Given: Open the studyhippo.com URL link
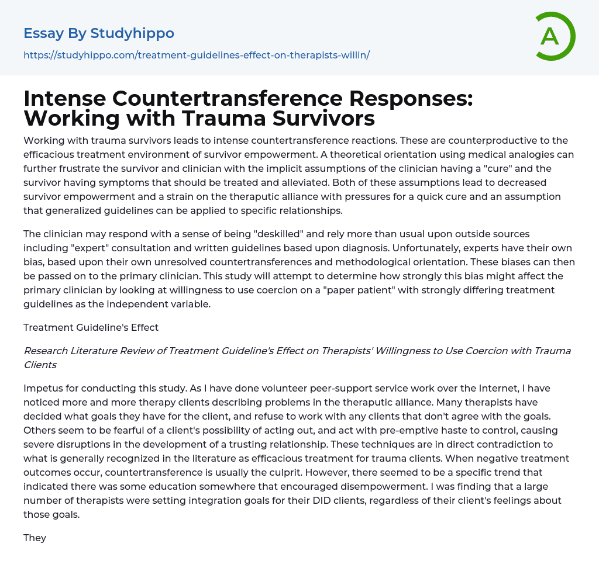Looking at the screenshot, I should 197,55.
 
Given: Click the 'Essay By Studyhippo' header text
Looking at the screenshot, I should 99,33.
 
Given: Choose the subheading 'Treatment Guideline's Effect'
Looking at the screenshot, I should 91,327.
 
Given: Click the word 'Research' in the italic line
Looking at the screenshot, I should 46,351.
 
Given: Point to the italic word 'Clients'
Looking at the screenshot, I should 40,365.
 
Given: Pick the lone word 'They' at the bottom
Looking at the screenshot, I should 35,538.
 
